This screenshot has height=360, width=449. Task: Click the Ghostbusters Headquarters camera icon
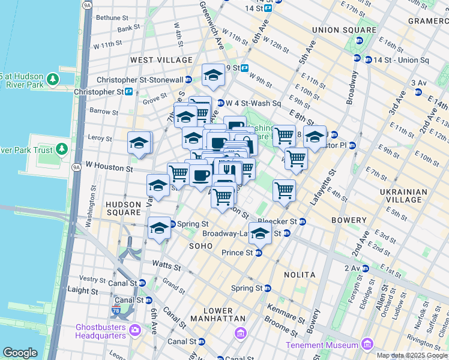(134, 329)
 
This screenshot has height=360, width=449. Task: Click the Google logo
(20, 353)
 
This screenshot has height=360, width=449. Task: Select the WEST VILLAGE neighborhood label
(161, 60)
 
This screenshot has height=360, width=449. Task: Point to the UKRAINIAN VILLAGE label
(403, 196)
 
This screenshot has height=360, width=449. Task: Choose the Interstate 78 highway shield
(115, 311)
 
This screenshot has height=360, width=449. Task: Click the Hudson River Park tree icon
(53, 79)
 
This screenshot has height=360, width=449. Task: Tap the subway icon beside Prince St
(259, 253)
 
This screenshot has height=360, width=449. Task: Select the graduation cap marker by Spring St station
(159, 228)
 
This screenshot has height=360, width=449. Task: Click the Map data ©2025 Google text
(412, 355)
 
